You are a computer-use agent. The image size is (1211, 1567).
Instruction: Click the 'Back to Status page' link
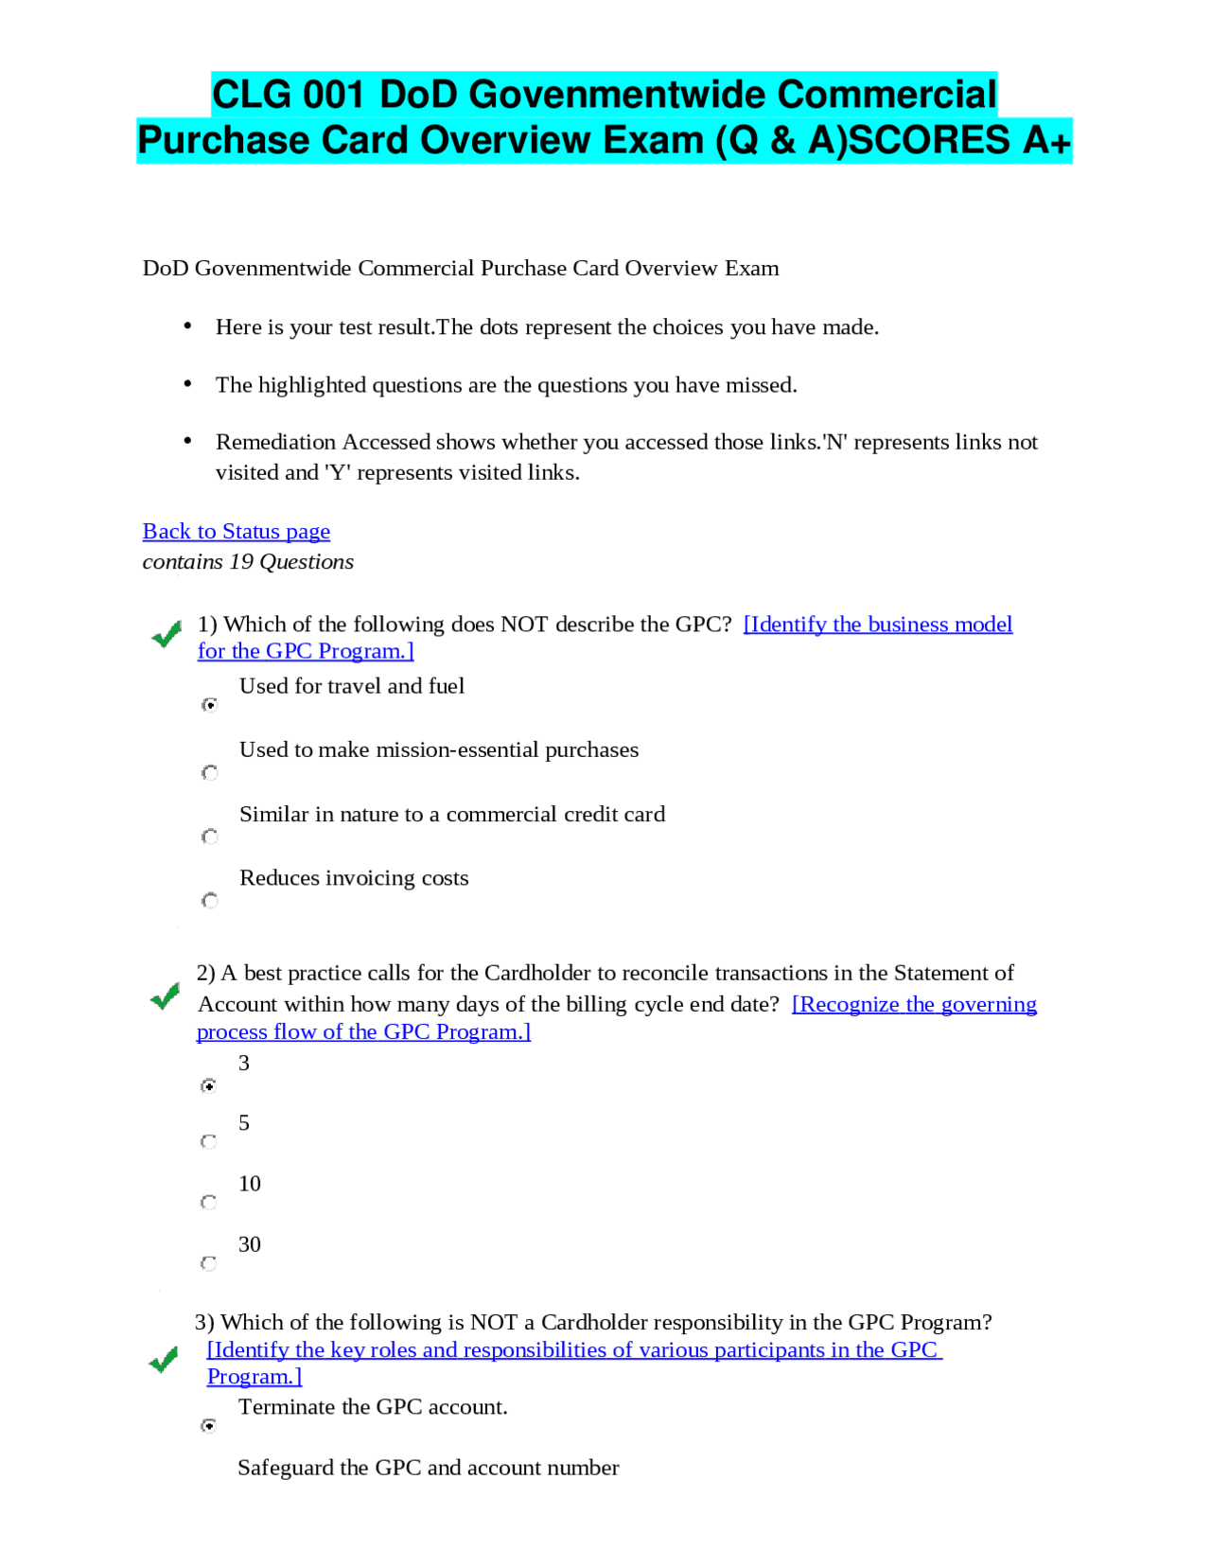click(236, 532)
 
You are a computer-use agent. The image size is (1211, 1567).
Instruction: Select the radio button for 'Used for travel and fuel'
click(209, 705)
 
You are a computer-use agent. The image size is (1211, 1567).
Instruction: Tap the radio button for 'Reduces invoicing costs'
click(209, 900)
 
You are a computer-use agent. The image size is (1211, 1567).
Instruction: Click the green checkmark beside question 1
click(167, 634)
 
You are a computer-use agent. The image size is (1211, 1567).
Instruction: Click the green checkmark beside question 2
click(165, 995)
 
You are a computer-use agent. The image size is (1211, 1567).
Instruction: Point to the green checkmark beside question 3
click(164, 1360)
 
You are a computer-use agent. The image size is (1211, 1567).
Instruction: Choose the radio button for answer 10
click(208, 1202)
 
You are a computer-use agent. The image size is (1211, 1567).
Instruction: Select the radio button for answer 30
click(208, 1263)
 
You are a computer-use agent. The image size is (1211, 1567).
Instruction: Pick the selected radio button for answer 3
click(208, 1085)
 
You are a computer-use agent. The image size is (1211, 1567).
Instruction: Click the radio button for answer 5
click(208, 1141)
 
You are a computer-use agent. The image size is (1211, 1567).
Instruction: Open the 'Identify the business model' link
click(877, 625)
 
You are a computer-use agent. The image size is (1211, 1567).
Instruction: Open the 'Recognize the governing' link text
click(913, 1004)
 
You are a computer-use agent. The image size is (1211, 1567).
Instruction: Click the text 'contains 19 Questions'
click(248, 562)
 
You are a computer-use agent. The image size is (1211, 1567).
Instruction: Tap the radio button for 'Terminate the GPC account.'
click(208, 1425)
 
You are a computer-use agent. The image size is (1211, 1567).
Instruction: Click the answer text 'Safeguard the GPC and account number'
click(428, 1468)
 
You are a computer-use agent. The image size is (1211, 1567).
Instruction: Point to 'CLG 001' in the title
click(288, 95)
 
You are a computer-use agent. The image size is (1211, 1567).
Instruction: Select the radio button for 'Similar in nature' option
click(209, 836)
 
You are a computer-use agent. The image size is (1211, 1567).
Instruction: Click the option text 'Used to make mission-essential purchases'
click(438, 750)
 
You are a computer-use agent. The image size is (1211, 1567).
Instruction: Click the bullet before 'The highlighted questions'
click(187, 383)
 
